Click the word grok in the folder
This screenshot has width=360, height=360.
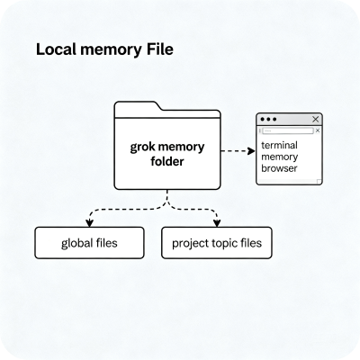[142, 148]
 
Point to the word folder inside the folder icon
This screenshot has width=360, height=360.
[167, 161]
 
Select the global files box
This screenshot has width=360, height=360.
[89, 243]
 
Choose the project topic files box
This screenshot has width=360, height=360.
[217, 243]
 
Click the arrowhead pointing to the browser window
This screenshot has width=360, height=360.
[251, 151]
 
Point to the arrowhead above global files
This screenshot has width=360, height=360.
[89, 222]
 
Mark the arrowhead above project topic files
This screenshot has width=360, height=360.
[217, 222]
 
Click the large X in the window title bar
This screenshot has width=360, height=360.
[316, 120]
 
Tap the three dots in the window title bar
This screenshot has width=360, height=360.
[268, 120]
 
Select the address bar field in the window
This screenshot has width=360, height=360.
[288, 130]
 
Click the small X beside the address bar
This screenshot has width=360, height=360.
[318, 130]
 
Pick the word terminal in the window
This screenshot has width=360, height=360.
[279, 145]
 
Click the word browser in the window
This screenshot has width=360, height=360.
[279, 168]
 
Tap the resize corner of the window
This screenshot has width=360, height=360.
[319, 182]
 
